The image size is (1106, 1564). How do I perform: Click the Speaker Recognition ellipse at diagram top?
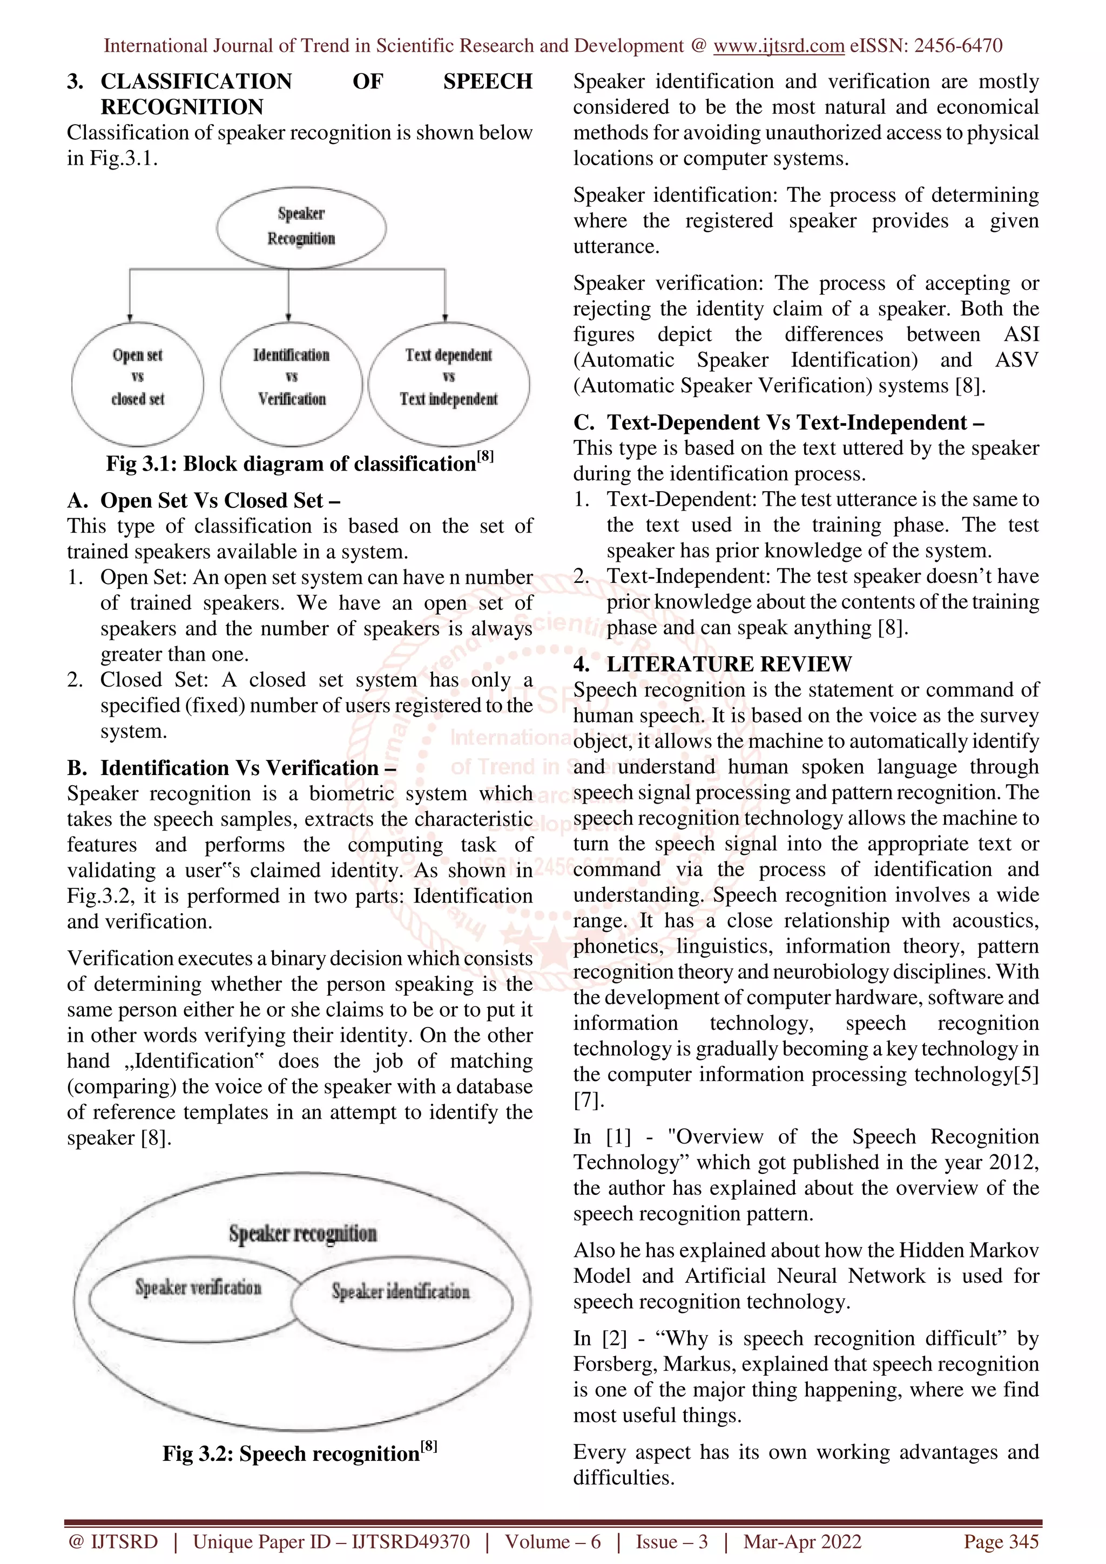pyautogui.click(x=301, y=227)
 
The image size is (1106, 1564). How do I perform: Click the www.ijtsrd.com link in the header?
pyautogui.click(x=778, y=46)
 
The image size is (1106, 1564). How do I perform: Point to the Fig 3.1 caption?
pyautogui.click(x=299, y=463)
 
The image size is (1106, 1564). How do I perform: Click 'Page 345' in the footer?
pyautogui.click(x=1000, y=1541)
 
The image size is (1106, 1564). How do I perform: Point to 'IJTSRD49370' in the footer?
pyautogui.click(x=410, y=1541)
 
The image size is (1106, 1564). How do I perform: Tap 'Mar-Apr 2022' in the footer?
pyautogui.click(x=802, y=1541)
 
